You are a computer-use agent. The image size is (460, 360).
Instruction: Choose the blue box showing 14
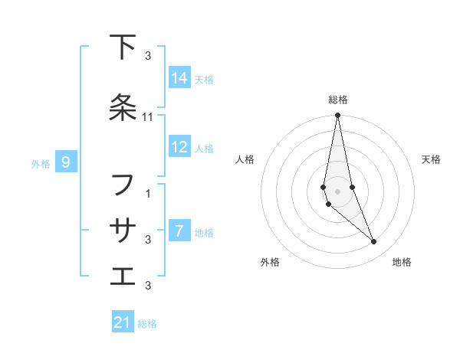coord(179,78)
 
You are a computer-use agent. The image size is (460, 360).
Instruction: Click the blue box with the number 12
coord(179,147)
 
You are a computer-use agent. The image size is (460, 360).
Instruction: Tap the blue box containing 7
coord(179,231)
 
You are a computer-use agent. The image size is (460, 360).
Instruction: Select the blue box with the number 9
coord(67,162)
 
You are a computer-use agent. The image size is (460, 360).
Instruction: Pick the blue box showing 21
coord(123,322)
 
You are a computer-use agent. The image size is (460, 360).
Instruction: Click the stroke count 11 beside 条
coord(149,117)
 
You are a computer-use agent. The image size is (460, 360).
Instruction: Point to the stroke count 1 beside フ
coord(149,194)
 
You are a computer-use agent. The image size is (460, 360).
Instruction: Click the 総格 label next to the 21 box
coord(147,324)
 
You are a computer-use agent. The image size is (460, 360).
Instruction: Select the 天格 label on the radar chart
coord(431,159)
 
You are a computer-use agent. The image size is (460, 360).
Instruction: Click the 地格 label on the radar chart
coord(402,262)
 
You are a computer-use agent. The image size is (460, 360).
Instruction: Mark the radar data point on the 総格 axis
coord(337,116)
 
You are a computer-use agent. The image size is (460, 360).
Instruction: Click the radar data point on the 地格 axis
coord(374,242)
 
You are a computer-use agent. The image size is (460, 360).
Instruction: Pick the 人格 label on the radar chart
coord(245,159)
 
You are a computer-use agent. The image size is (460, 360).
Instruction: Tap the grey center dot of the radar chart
coord(337,191)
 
